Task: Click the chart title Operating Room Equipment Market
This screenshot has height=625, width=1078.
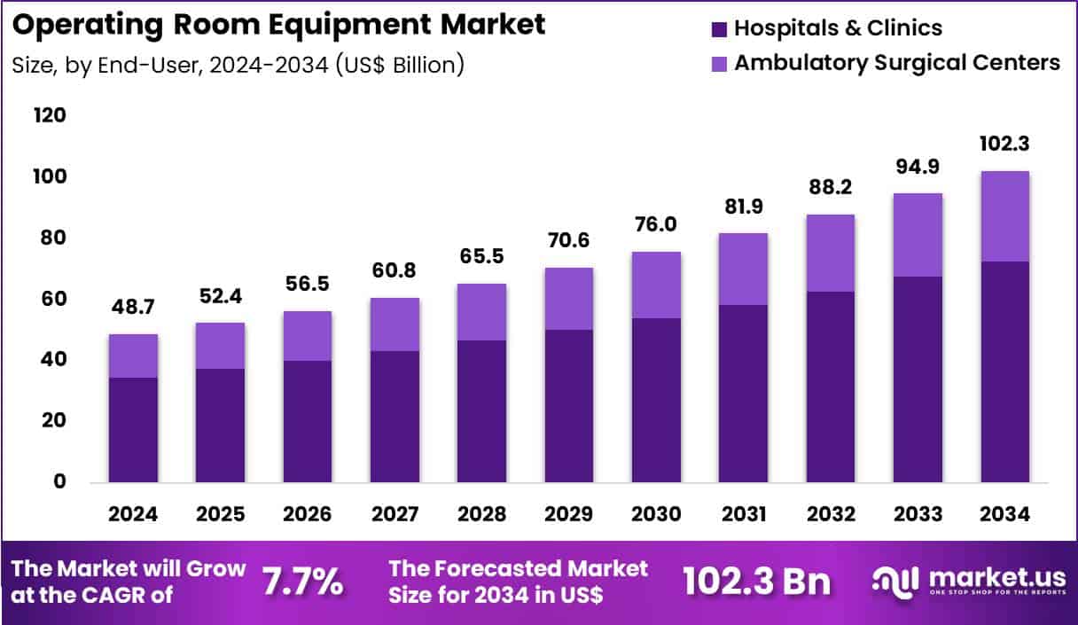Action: (x=280, y=25)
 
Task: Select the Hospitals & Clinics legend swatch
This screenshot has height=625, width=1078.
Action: (x=719, y=29)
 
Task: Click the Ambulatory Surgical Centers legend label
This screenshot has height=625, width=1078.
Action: (x=897, y=63)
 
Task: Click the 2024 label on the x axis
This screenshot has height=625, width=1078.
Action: (x=133, y=515)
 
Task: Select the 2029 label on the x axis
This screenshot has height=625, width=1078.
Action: (x=568, y=515)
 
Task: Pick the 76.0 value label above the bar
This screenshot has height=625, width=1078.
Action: (x=655, y=225)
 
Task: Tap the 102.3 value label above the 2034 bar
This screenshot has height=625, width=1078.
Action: (x=1004, y=145)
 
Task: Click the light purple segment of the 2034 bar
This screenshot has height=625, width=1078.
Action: (x=1004, y=215)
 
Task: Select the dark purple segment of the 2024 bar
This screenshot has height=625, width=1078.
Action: (x=133, y=430)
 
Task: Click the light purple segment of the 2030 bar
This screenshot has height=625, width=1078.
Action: (x=655, y=285)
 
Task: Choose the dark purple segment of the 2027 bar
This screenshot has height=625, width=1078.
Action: (x=394, y=417)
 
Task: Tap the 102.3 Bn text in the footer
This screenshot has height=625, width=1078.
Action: (x=757, y=582)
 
